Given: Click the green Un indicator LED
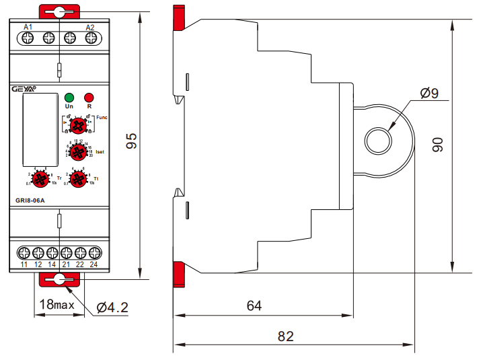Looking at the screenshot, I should pos(69,97).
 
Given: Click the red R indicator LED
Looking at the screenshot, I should pos(89,97).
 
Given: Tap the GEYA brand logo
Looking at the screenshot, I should pos(25,87).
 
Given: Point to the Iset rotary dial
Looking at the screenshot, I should pos(79,151).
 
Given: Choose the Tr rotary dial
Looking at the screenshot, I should pos(40,178).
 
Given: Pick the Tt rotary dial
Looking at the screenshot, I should pos(78,178).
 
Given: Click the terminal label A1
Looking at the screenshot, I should pos(28,27).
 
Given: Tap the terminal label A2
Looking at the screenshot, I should pos(91,27).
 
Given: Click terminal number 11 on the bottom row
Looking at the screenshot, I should pos(24,264).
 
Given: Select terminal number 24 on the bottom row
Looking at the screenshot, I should pos(94,264).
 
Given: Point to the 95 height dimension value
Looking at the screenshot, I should pos(132,141).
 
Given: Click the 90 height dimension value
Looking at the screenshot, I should pos(438,144).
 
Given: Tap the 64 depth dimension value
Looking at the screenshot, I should pos(254,305).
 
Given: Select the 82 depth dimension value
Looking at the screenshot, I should pos(286,335).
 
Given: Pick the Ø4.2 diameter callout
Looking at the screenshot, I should pos(112,307).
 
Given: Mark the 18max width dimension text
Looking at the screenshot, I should pos(56,304).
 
